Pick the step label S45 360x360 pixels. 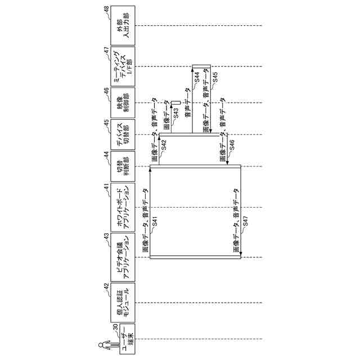[214, 79]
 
